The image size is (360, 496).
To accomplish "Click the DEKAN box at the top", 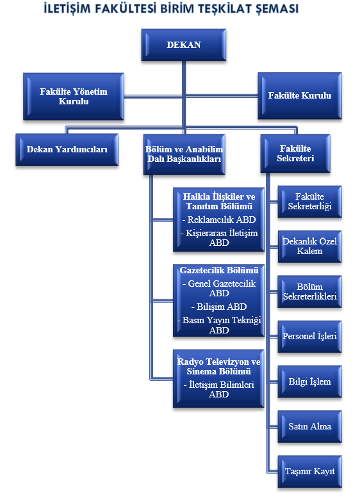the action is pos(184,45).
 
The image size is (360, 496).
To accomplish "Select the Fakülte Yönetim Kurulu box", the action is pos(74,97).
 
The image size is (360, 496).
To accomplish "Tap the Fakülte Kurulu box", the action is pos(300,95).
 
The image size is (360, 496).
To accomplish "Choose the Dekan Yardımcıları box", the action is pos(67,149).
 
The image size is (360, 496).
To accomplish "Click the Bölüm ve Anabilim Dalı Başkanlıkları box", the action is pos(184,154).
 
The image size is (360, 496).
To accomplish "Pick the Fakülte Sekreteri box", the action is pos(295,153).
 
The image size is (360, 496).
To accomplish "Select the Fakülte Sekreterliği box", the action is pos(309,201).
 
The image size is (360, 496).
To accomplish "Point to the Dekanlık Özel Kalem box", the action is pos(309,246).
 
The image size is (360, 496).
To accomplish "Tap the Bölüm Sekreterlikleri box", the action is pos(309,291).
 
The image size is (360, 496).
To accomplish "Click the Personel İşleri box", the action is pos(309,336).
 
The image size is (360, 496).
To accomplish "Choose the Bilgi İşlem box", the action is pos(309,381).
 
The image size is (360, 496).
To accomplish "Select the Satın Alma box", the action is pos(309,426).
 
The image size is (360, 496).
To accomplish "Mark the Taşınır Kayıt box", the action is pos(309,471).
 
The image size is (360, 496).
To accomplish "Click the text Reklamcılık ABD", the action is pos(219,220).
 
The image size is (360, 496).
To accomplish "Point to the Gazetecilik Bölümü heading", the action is pos(219,270).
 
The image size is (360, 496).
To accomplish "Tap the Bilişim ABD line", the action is pos(219,307).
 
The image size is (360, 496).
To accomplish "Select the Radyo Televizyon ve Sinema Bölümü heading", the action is pos(219,366).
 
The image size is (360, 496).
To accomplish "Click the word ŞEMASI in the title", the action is pos(277,8).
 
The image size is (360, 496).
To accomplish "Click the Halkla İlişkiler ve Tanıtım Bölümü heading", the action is pos(219,201).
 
